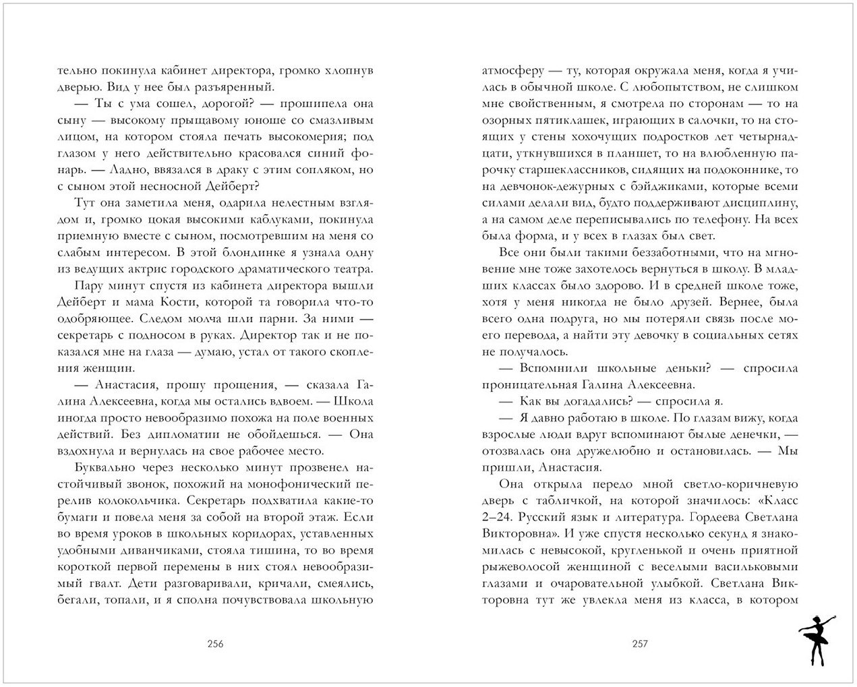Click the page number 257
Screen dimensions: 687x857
pyautogui.click(x=639, y=643)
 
